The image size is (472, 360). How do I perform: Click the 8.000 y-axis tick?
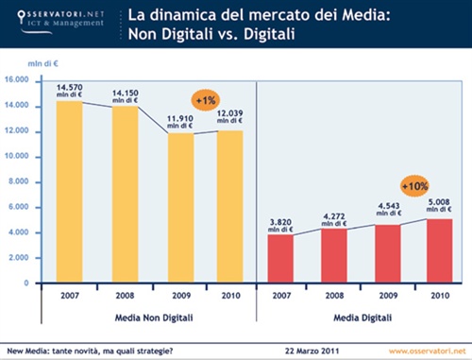point(20,181)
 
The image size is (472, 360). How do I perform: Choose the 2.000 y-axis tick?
point(20,258)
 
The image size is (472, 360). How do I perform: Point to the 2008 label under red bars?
point(334,294)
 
